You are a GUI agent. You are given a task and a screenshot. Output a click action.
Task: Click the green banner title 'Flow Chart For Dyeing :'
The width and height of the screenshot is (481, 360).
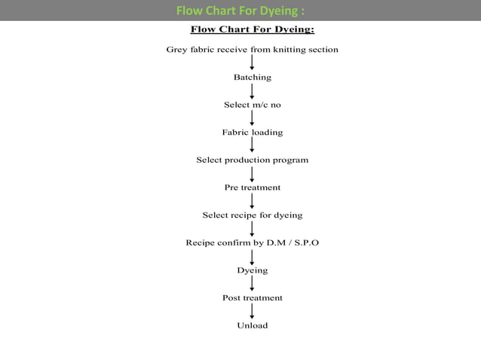pos(240,11)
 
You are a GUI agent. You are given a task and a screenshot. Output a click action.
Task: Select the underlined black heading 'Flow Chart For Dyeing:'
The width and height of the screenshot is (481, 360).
pos(252,30)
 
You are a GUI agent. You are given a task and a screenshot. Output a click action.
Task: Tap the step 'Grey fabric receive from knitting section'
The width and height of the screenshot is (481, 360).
pos(252,50)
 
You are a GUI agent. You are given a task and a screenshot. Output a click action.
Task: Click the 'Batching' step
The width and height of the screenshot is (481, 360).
pos(252,78)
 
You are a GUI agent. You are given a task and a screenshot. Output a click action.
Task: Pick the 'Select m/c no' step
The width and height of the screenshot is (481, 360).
pos(252,105)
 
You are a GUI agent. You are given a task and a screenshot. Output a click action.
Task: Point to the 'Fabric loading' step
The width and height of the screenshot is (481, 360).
pos(252,133)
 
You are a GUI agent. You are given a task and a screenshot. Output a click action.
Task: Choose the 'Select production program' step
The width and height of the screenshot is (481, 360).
pos(252,160)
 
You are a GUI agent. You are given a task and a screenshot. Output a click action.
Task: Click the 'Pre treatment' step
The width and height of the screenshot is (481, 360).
pos(252,188)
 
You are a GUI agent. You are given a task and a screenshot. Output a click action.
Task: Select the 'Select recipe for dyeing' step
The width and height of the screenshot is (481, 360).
pos(252,215)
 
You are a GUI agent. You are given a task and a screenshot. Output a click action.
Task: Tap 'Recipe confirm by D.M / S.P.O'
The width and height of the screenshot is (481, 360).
pos(252,243)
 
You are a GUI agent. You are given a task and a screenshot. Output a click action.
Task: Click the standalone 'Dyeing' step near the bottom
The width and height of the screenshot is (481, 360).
pos(252,270)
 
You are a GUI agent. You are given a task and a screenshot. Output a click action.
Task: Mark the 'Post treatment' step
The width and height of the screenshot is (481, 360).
pos(252,297)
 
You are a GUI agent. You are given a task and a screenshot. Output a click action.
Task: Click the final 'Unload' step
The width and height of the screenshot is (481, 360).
pos(252,325)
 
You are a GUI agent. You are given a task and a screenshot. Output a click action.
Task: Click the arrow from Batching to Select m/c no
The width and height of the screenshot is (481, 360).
pos(252,91)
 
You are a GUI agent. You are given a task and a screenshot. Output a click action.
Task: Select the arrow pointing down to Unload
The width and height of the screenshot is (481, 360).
pos(252,311)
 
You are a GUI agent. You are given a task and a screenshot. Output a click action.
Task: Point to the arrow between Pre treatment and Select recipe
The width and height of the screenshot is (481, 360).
pos(252,201)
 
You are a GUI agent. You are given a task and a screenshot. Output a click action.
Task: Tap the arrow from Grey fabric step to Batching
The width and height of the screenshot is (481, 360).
pos(252,63)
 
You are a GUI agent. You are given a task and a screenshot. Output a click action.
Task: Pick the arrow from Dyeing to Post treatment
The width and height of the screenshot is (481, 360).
pos(252,283)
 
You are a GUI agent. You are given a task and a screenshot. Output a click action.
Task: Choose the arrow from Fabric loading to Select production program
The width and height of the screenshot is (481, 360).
pos(252,146)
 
